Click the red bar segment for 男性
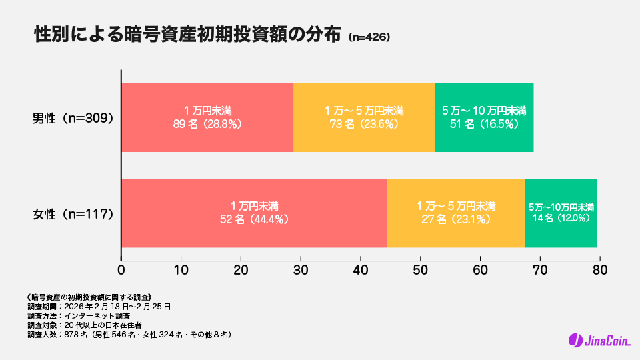click(x=207, y=117)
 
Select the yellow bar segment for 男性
click(x=364, y=117)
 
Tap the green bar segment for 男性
click(x=484, y=117)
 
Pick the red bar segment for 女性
click(x=254, y=213)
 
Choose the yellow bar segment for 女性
click(x=456, y=213)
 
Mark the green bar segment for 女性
click(x=561, y=213)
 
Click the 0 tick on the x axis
click(x=121, y=270)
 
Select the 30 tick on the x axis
click(x=301, y=270)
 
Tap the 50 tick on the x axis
click(x=421, y=270)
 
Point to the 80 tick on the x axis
click(x=600, y=270)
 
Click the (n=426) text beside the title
click(x=369, y=37)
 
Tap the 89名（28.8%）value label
click(x=207, y=123)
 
